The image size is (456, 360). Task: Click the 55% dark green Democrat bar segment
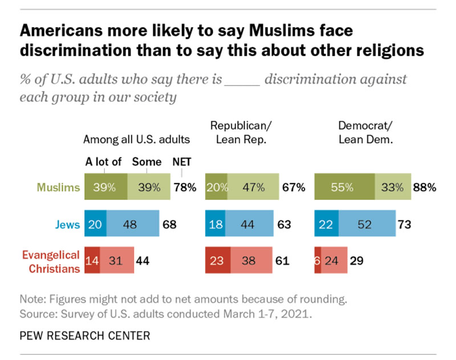pyautogui.click(x=344, y=187)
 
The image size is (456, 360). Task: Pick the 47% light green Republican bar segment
pyautogui.click(x=254, y=187)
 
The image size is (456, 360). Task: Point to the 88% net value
pyautogui.click(x=426, y=187)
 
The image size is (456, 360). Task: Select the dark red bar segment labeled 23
pyautogui.click(x=218, y=261)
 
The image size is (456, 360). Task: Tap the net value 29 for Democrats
pyautogui.click(x=357, y=261)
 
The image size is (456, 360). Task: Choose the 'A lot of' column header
pyautogui.click(x=103, y=162)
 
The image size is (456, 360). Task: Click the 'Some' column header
pyautogui.click(x=146, y=162)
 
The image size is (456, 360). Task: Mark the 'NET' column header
pyautogui.click(x=182, y=162)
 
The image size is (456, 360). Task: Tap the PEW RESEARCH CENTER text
pyautogui.click(x=85, y=336)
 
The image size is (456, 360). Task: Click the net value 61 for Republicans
pyautogui.click(x=281, y=261)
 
